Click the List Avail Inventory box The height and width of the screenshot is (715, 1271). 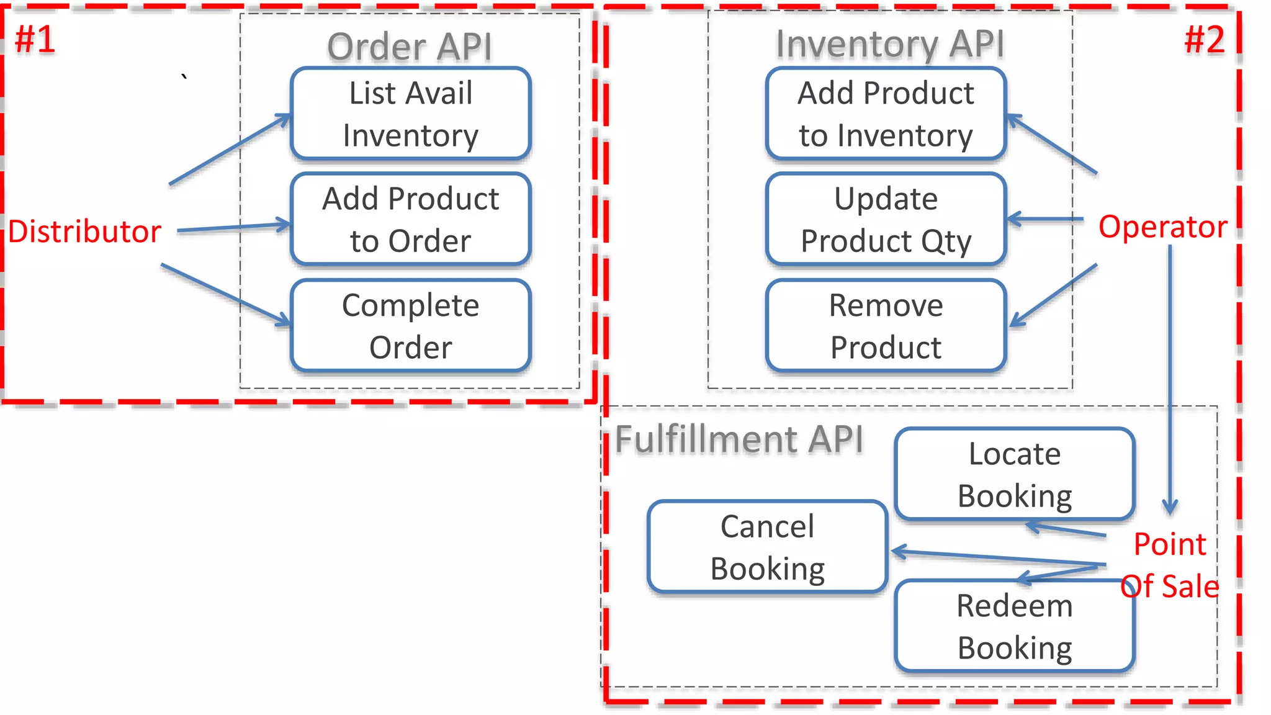(x=410, y=114)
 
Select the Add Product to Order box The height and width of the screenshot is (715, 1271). (x=410, y=219)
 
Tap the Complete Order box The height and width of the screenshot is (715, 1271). (x=410, y=326)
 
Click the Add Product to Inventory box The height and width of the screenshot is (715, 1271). (x=886, y=114)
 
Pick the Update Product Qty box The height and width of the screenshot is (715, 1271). (x=886, y=219)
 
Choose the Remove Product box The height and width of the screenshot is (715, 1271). (x=886, y=326)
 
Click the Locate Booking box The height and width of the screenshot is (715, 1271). (x=1015, y=474)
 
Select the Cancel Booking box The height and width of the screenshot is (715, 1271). (x=767, y=547)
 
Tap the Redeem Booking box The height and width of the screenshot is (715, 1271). (x=1015, y=626)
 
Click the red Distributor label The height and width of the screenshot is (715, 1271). (x=84, y=232)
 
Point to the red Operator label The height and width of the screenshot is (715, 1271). (x=1162, y=227)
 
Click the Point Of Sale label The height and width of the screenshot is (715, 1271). (x=1170, y=565)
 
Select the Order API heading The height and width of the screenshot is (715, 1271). (x=410, y=47)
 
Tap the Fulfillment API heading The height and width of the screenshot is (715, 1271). (x=739, y=439)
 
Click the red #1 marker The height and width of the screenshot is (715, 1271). (x=35, y=39)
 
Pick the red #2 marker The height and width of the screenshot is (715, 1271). (x=1204, y=39)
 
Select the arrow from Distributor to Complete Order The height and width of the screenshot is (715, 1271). (x=225, y=294)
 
